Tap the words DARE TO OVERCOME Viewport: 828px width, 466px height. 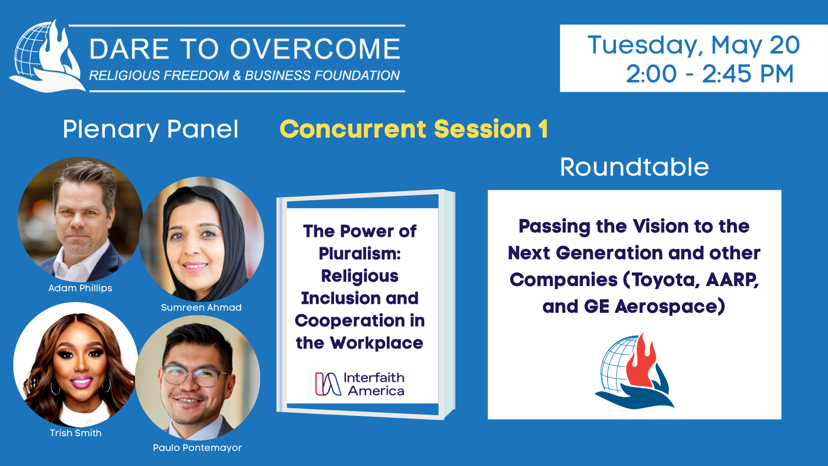tap(245, 48)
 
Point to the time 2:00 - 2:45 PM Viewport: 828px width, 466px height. tap(710, 74)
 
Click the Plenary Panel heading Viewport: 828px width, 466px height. tap(151, 129)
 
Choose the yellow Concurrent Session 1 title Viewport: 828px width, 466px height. tap(414, 129)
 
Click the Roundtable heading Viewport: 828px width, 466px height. tap(634, 167)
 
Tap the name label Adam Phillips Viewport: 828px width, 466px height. tap(80, 288)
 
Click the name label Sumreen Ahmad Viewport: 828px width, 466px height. tap(201, 308)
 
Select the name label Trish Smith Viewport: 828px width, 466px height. tap(76, 433)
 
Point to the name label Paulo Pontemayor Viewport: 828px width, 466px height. tap(198, 448)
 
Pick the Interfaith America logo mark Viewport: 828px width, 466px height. tap(328, 384)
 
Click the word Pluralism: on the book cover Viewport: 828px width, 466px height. tap(360, 254)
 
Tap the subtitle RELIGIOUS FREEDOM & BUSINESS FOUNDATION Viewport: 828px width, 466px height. tap(245, 76)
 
